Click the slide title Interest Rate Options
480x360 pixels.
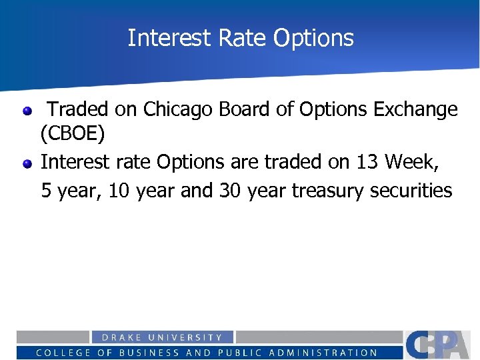(240, 38)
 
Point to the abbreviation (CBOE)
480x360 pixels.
(73, 135)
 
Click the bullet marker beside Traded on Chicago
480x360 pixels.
(27, 111)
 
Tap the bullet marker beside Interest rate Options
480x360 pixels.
(27, 163)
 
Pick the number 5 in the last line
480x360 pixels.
(47, 191)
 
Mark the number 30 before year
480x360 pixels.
(229, 191)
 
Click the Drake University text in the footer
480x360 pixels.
(162, 338)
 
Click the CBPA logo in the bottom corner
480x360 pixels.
(440, 344)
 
